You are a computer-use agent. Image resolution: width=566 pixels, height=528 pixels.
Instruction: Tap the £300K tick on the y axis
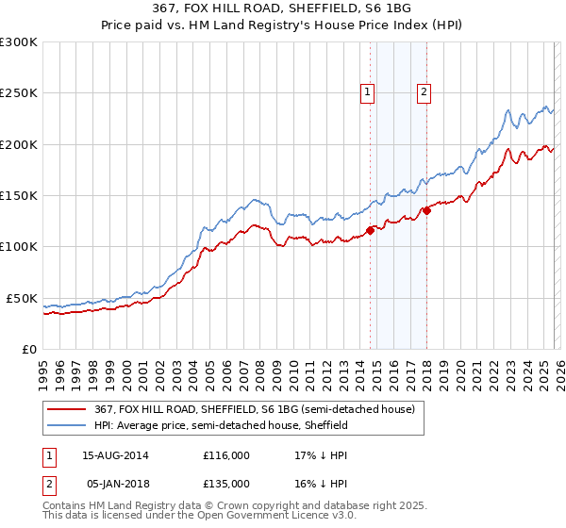[19, 42]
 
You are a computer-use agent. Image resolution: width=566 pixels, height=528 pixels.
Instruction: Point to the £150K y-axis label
[19, 196]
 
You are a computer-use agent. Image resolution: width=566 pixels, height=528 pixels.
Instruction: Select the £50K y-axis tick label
[22, 298]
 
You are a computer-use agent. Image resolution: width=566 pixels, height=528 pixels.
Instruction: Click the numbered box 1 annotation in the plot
[367, 91]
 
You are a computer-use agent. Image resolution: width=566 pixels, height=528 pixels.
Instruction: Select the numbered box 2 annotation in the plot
[424, 91]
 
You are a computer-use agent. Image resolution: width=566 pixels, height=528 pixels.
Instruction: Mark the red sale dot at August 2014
[370, 230]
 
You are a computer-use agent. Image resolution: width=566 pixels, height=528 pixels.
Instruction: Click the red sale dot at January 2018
[426, 211]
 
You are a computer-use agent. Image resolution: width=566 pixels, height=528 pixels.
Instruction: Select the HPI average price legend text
[221, 425]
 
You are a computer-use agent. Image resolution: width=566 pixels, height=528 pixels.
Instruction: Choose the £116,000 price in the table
[226, 454]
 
